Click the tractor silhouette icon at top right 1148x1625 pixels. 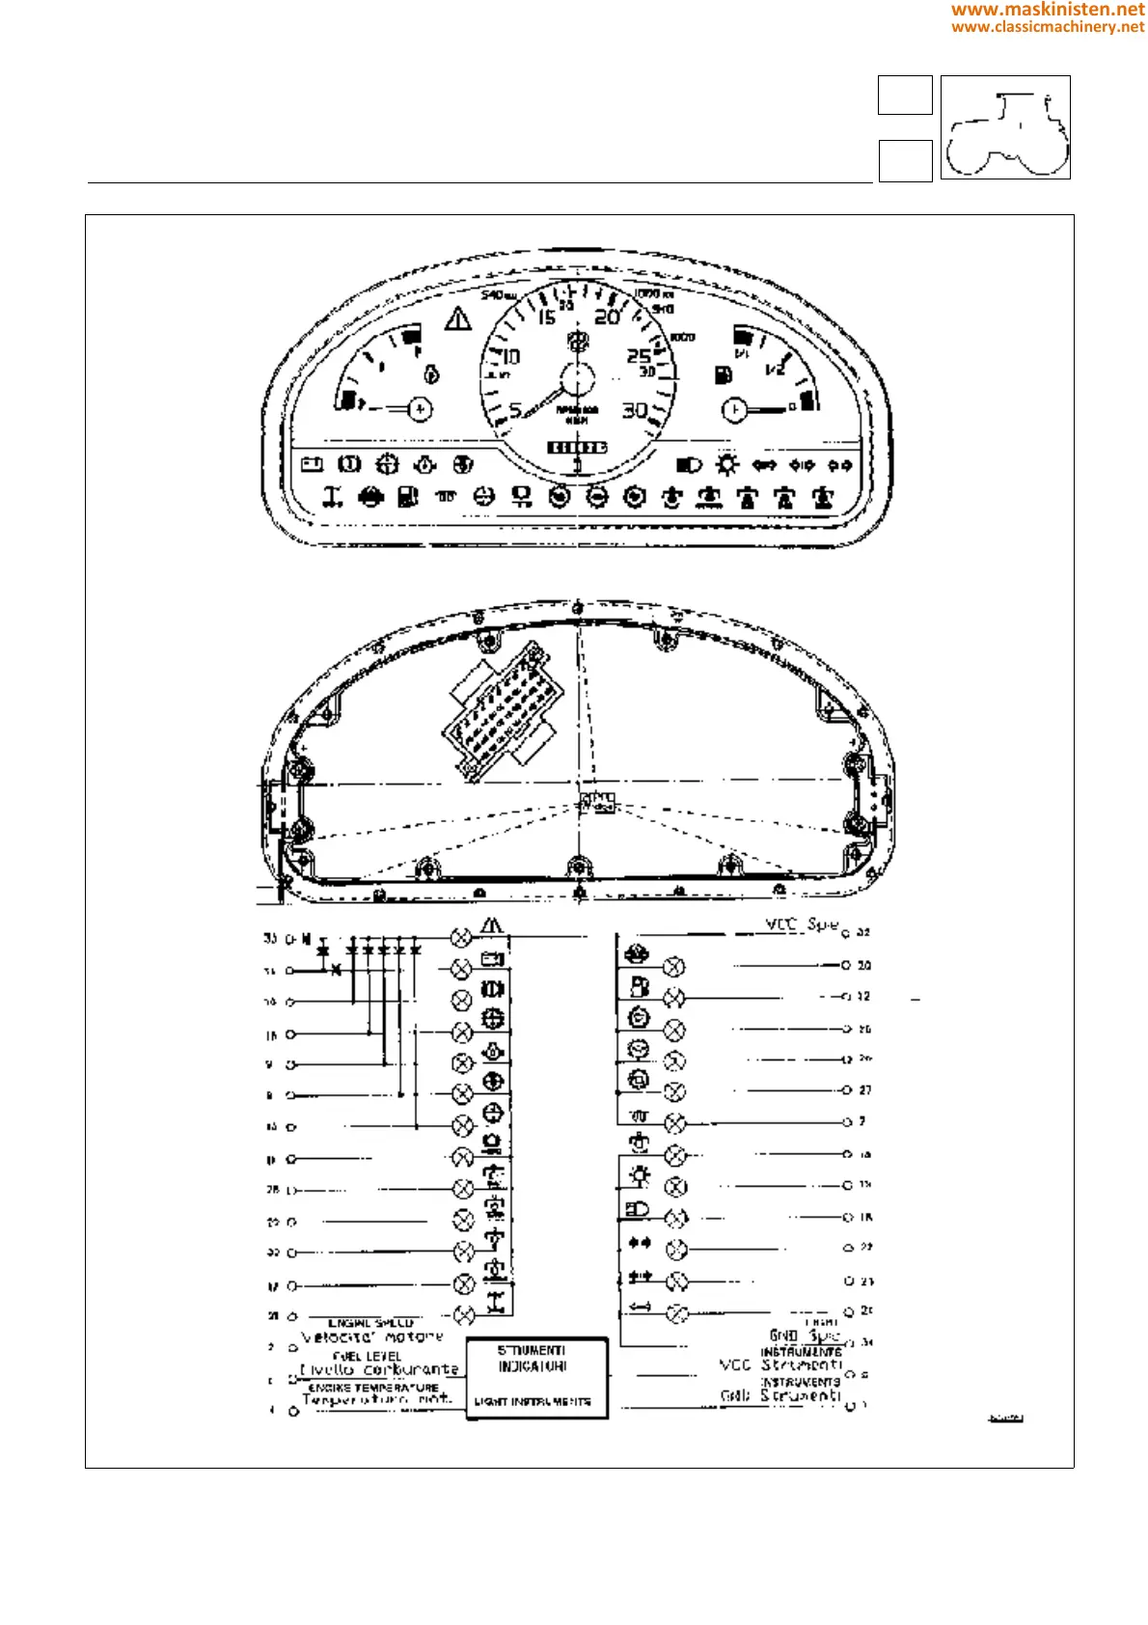tap(1005, 127)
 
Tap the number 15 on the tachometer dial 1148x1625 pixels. tap(546, 317)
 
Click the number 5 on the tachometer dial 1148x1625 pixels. tap(515, 410)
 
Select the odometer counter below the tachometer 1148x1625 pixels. tap(577, 448)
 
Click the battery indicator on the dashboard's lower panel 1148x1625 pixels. tap(312, 465)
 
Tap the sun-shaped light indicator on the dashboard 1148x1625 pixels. tap(726, 465)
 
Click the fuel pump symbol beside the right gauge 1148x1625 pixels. tap(723, 374)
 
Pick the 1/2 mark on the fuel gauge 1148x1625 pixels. tap(775, 368)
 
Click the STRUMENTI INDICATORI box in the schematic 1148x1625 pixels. tap(536, 1377)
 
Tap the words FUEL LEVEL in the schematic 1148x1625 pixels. tap(367, 1356)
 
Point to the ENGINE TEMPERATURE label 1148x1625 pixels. tap(372, 1388)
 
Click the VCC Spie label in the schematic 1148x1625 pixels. tap(802, 924)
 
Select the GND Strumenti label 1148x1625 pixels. tap(780, 1395)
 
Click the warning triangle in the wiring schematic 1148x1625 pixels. tap(492, 925)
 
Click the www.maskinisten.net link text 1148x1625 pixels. tap(1048, 10)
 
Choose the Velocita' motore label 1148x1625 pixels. tap(372, 1337)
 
